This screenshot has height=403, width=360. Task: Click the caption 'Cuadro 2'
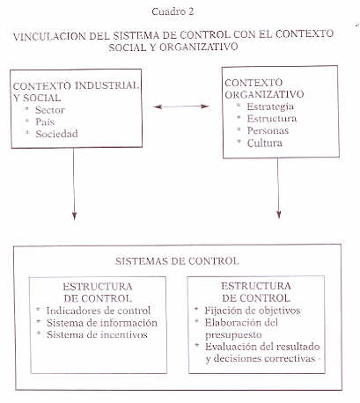[173, 11]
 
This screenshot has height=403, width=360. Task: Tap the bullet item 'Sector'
[50, 110]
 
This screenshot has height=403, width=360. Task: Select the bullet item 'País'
[45, 121]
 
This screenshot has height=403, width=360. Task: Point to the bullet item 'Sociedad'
[56, 134]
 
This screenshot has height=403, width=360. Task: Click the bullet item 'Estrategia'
[270, 106]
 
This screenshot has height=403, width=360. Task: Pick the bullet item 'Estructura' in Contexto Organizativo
[272, 119]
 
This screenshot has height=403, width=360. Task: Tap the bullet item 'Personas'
[268, 130]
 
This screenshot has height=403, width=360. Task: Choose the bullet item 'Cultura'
[264, 143]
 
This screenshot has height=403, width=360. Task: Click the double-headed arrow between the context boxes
[181, 106]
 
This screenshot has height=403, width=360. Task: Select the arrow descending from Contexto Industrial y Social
[74, 184]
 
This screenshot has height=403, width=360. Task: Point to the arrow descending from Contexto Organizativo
[278, 188]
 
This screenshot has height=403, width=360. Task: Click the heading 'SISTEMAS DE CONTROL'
[177, 260]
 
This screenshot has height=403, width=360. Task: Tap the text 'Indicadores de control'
[99, 311]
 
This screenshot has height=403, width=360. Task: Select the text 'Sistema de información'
[102, 323]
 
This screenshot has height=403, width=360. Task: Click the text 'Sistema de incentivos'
[97, 334]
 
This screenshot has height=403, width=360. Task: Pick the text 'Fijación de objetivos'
[253, 311]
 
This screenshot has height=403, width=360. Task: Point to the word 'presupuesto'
[233, 335]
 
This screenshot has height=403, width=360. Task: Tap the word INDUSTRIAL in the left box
[107, 85]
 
